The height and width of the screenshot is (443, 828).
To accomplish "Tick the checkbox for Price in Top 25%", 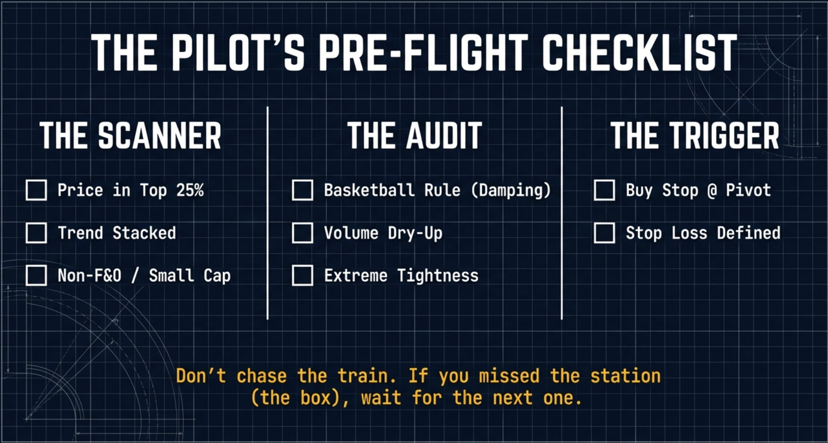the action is pos(36,190).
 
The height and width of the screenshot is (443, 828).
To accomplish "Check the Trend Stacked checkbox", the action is pos(36,233).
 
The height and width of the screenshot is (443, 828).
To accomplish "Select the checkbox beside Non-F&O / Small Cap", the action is pos(36,276).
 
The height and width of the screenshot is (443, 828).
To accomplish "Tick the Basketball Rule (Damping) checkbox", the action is pos(302,190).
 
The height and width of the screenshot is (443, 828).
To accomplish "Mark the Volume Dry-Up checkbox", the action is pos(302,233).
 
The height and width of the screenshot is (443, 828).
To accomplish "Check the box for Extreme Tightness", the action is pos(302,276).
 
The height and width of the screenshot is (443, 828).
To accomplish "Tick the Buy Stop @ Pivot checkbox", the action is pos(605,190).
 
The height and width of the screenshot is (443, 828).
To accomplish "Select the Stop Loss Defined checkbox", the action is pos(605,233).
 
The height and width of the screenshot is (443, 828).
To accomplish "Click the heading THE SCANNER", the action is pos(130,136).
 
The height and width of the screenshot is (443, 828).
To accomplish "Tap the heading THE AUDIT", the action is pos(414,136).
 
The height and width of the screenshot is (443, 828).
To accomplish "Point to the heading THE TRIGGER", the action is pos(695,136).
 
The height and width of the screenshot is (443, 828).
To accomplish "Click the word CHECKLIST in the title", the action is pos(640,53).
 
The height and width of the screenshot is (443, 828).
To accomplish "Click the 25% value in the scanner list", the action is pos(190,190).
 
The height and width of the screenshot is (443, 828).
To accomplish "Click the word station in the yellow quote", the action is pos(625,376).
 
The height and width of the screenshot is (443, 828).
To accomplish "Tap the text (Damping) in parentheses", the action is pos(511,191).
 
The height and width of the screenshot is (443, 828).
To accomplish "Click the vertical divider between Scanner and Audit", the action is pos(268,213).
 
